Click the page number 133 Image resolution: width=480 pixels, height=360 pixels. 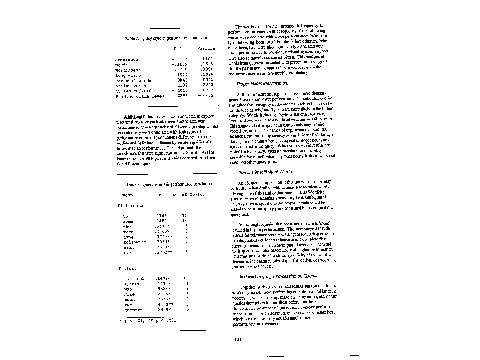click(x=238, y=339)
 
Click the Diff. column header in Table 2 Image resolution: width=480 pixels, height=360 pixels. click(x=180, y=48)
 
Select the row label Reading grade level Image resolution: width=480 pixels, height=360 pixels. click(x=139, y=96)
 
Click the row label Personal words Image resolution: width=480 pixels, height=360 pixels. click(x=133, y=80)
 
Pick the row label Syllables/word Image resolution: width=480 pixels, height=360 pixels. click(x=134, y=90)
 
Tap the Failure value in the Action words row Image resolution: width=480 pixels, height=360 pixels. click(x=207, y=85)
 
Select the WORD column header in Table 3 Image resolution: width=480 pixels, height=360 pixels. click(x=127, y=195)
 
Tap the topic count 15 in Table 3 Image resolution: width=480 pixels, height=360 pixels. click(x=185, y=216)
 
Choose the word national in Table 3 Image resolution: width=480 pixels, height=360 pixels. click(x=134, y=278)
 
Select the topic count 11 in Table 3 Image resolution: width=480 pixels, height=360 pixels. click(x=186, y=278)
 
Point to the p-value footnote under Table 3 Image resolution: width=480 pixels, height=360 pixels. click(x=148, y=320)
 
